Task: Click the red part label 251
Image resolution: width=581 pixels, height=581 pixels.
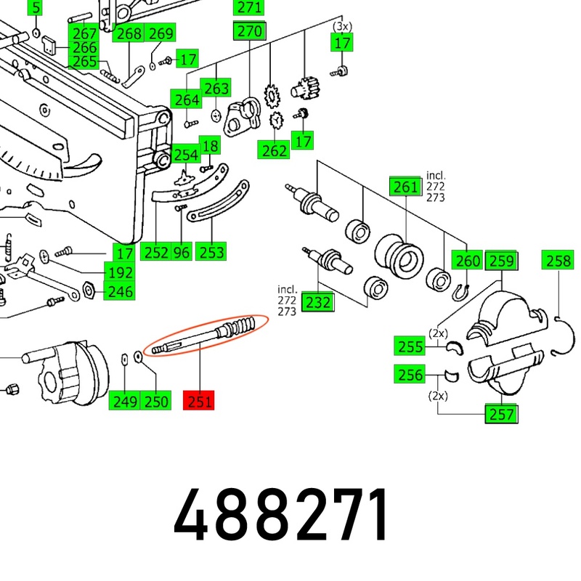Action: pyautogui.click(x=200, y=400)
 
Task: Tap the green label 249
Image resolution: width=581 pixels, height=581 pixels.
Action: pyautogui.click(x=124, y=401)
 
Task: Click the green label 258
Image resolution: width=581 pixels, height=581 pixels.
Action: pyautogui.click(x=558, y=260)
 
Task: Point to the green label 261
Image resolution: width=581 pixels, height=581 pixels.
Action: pyautogui.click(x=405, y=187)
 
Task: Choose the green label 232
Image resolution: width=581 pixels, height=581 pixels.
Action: pyautogui.click(x=317, y=301)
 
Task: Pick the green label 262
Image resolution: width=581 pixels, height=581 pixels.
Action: pyautogui.click(x=275, y=150)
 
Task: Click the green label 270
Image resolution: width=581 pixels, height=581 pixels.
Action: pyautogui.click(x=249, y=31)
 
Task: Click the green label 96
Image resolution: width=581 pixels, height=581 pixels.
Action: pyautogui.click(x=181, y=253)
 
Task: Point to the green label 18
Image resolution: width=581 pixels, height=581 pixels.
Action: pyautogui.click(x=210, y=147)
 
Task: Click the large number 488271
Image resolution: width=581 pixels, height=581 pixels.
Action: pyautogui.click(x=283, y=514)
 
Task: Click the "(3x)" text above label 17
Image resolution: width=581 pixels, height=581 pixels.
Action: pyautogui.click(x=342, y=26)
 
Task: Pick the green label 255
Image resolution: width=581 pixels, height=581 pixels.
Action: pyautogui.click(x=410, y=347)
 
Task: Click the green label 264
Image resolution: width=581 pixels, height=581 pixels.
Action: pyautogui.click(x=187, y=99)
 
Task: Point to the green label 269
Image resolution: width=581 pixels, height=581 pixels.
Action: pyautogui.click(x=161, y=33)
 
